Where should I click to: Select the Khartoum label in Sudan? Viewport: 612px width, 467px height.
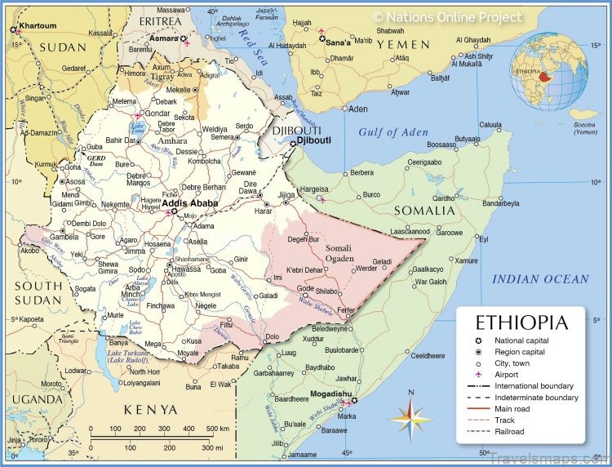pyautogui.click(x=38, y=25)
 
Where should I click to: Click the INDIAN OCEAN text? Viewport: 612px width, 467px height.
pyautogui.click(x=539, y=279)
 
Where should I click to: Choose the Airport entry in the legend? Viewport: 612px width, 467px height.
pyautogui.click(x=507, y=374)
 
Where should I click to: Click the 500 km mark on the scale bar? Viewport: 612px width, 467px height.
pyautogui.click(x=216, y=429)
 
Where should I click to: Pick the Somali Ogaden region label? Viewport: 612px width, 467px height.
pyautogui.click(x=339, y=253)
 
